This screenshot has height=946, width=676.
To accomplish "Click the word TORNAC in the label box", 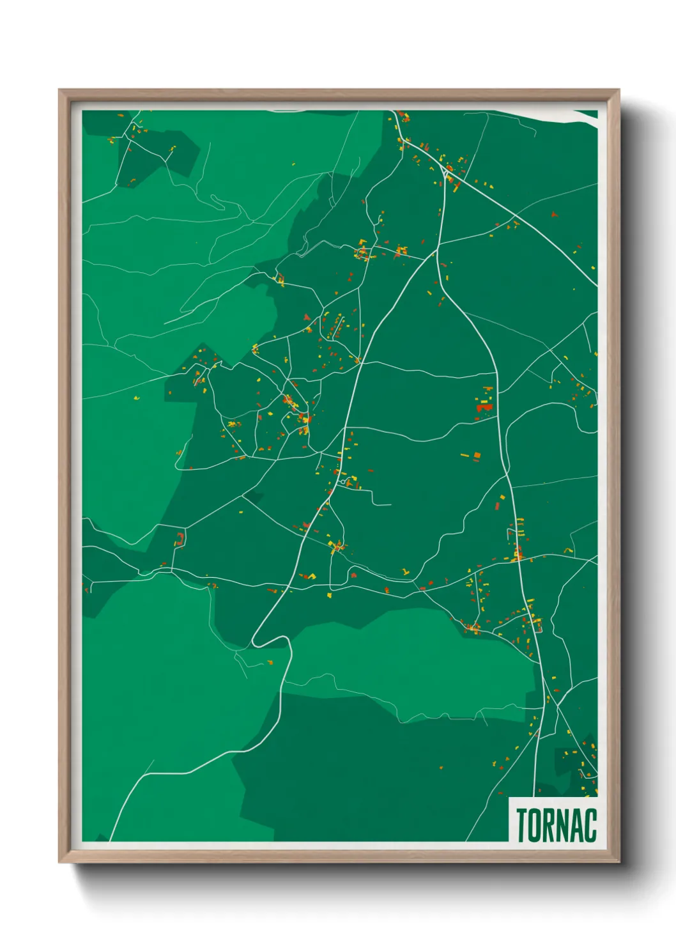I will [x=556, y=825].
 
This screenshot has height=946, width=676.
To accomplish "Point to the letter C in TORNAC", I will [x=590, y=825].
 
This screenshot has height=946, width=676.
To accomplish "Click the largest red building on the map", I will [x=484, y=407].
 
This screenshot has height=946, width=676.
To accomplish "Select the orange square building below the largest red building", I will [x=476, y=455].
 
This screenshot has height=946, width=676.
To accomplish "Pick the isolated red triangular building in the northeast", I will [x=554, y=215].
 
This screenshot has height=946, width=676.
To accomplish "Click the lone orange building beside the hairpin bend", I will [x=270, y=662].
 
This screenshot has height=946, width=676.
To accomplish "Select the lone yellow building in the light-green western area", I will [x=136, y=399].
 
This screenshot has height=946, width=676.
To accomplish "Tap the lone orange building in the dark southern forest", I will [x=440, y=766].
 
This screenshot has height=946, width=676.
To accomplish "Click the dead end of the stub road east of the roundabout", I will [x=390, y=505].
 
